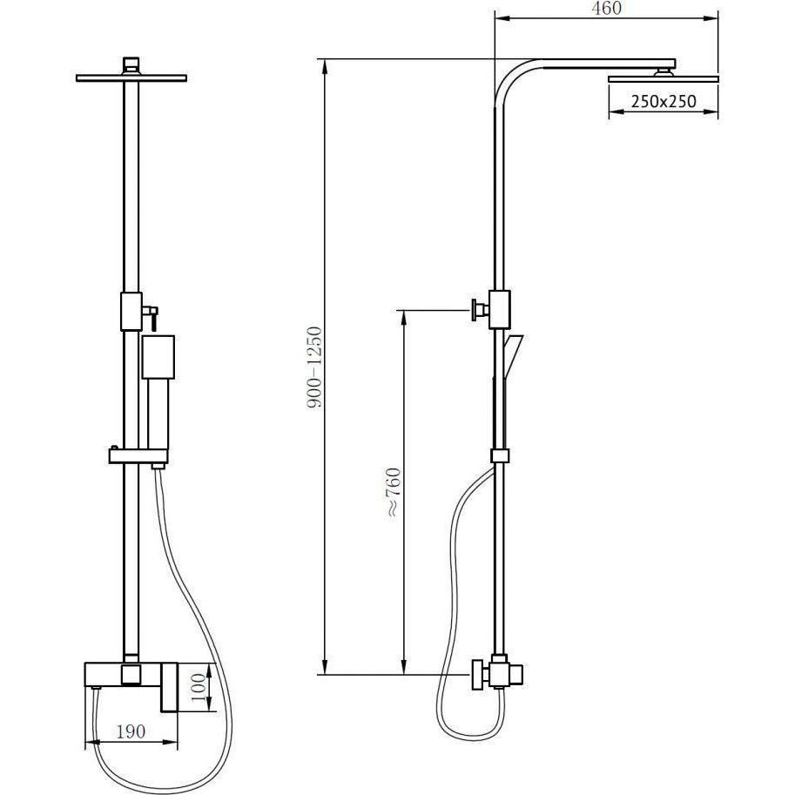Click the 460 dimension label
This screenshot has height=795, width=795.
coord(606,8)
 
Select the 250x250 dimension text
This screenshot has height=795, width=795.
coord(664,101)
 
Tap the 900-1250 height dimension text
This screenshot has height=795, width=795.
coord(315,367)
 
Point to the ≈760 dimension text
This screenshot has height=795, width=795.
coord(394,492)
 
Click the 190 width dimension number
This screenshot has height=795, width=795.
coord(131,731)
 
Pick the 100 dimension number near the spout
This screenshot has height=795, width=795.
coord(199,687)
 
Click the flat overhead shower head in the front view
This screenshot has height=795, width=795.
coord(131,78)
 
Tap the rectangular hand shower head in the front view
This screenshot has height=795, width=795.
coord(158,357)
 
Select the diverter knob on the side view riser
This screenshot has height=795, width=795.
coord(479,310)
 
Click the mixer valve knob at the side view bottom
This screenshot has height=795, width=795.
coord(480,675)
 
